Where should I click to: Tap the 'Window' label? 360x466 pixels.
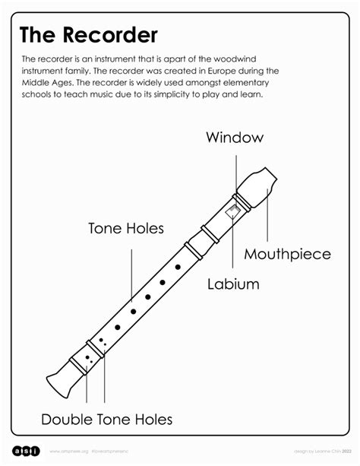tap(235, 138)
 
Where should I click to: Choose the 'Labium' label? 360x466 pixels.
tap(233, 284)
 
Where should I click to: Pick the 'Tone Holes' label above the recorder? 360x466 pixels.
tap(126, 228)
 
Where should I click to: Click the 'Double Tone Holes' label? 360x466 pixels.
tap(106, 419)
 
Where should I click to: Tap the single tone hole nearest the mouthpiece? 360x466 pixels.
tap(178, 267)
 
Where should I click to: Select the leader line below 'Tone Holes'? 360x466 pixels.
tap(132, 274)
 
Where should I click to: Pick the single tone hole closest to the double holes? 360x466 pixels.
tap(118, 327)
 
